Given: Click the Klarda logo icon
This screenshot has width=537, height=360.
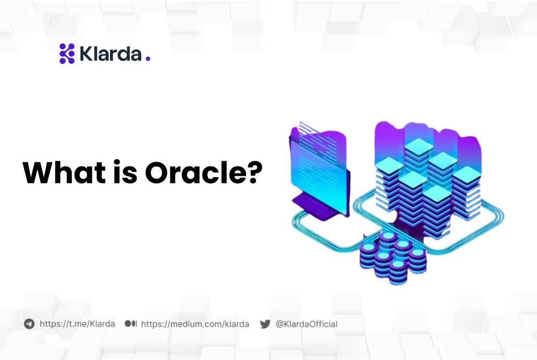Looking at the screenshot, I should pyautogui.click(x=67, y=54).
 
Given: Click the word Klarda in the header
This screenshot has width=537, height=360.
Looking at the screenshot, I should pyautogui.click(x=111, y=54).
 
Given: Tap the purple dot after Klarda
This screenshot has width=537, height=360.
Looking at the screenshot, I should pyautogui.click(x=148, y=59).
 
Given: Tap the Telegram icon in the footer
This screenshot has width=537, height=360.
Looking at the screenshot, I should pyautogui.click(x=29, y=324).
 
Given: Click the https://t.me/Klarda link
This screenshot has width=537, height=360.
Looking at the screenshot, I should pyautogui.click(x=77, y=324).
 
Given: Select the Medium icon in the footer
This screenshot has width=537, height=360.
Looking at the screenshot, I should pyautogui.click(x=130, y=324).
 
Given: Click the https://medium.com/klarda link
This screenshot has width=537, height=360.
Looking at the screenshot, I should pyautogui.click(x=195, y=324).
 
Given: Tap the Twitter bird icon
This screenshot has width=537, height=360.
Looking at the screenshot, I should pyautogui.click(x=265, y=324).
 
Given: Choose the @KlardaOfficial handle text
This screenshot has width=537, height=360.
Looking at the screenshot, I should pyautogui.click(x=306, y=324).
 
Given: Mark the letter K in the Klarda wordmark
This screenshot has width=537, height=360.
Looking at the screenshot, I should pyautogui.click(x=85, y=54).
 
